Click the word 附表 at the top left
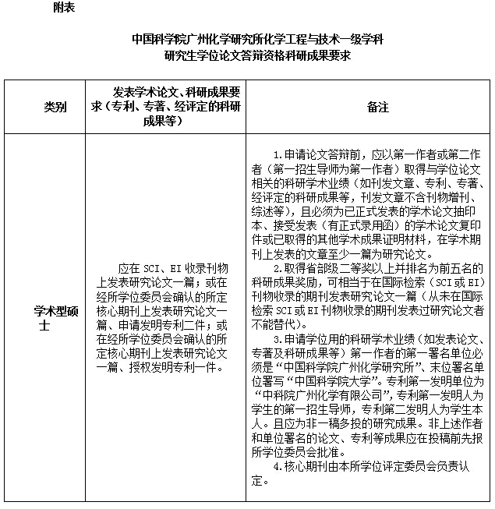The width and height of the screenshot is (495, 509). (x=65, y=7)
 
